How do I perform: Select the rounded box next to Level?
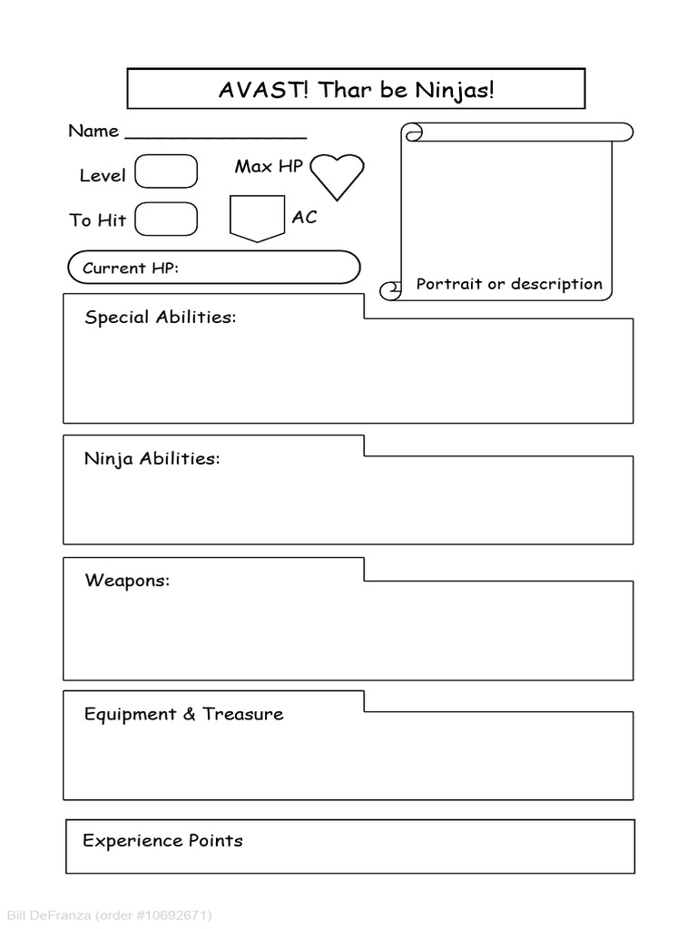click(166, 171)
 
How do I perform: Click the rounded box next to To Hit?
click(166, 219)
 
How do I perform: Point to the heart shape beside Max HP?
click(337, 175)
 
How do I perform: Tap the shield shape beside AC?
click(257, 219)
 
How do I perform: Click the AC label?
click(304, 218)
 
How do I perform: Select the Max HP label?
click(269, 166)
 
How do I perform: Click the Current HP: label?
click(130, 268)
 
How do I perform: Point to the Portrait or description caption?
click(509, 284)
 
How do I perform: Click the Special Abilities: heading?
click(160, 318)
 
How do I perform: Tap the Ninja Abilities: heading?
click(152, 458)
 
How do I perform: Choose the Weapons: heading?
click(127, 581)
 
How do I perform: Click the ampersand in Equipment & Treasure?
click(189, 714)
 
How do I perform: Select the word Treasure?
click(243, 714)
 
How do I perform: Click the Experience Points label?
click(162, 840)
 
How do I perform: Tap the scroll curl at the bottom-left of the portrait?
click(391, 290)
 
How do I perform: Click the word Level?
click(103, 176)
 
